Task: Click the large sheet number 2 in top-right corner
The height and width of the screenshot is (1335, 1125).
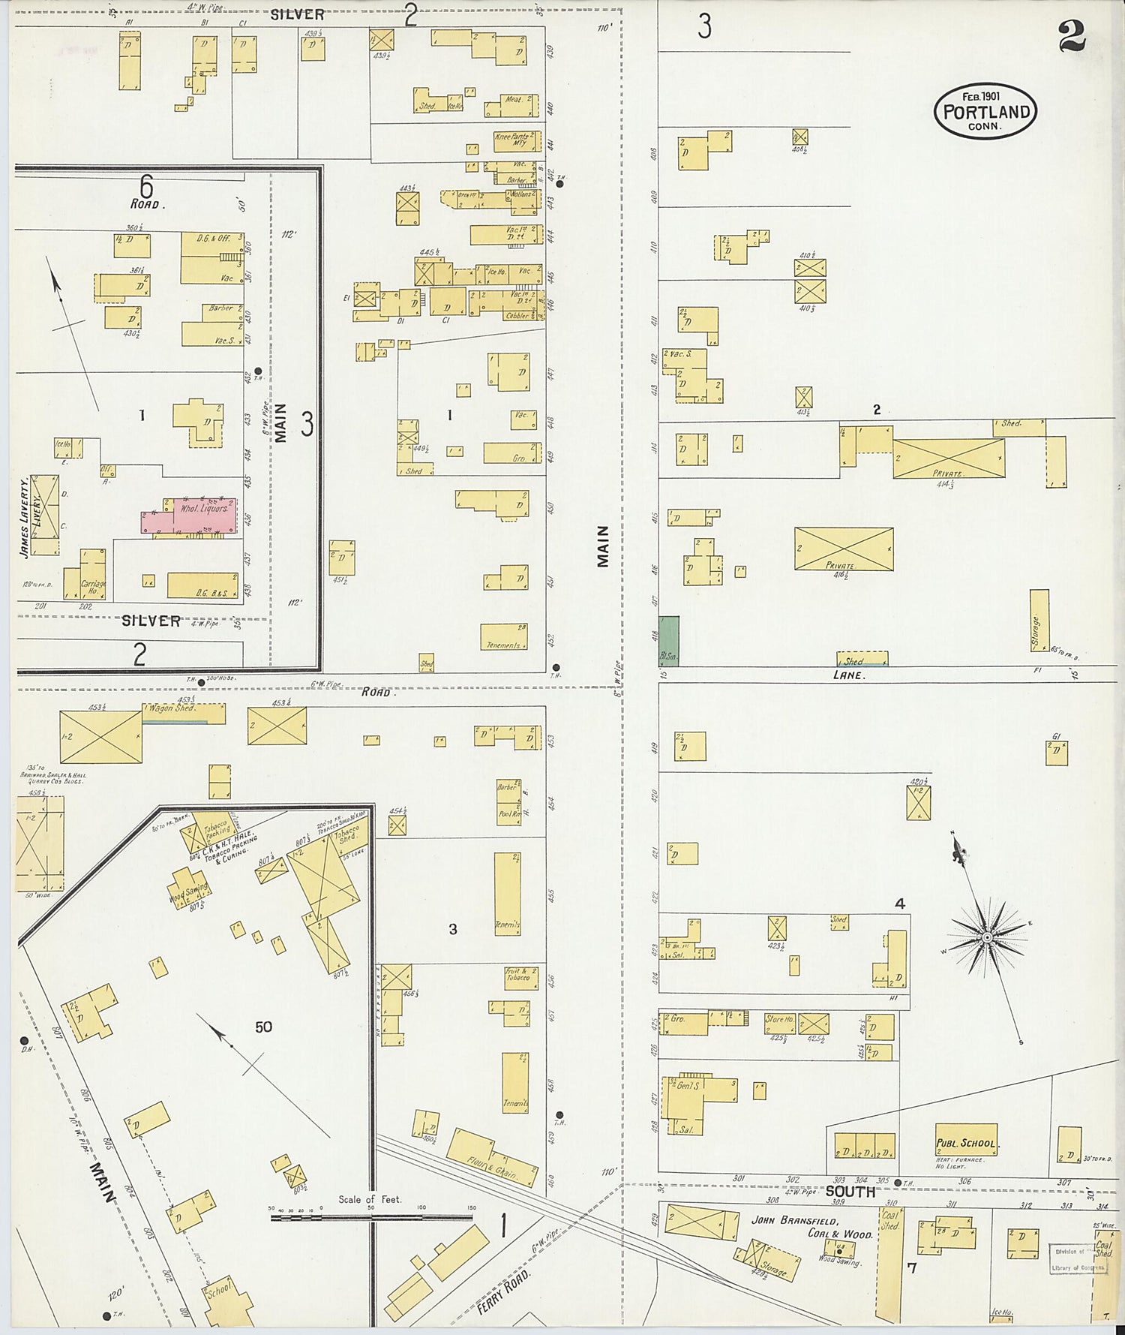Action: click(1072, 36)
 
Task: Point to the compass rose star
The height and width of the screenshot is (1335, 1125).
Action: click(988, 937)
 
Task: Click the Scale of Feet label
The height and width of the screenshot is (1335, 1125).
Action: click(370, 1199)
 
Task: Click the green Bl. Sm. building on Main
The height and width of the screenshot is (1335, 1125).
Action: click(668, 641)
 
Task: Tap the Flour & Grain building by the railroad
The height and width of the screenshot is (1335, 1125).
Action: click(492, 1159)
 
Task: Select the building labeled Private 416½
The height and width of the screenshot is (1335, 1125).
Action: click(844, 549)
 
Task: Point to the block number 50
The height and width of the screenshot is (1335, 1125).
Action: click(262, 1027)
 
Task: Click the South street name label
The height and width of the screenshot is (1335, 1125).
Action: click(850, 1192)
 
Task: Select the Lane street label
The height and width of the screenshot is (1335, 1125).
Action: click(848, 675)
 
